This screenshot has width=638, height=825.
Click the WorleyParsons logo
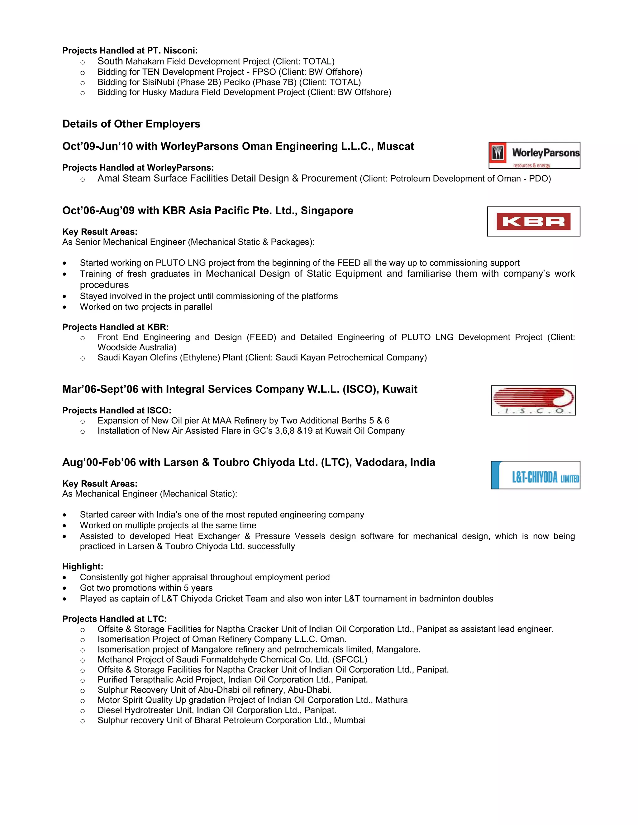coord(534,155)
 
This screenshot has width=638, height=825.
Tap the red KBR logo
coord(533,221)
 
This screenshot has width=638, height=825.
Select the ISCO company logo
coord(533,400)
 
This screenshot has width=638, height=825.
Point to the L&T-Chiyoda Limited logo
coord(535,475)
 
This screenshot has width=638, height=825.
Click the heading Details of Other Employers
coord(131,124)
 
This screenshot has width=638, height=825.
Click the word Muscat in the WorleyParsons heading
coord(395,147)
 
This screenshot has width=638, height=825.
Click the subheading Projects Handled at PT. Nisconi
coord(130,51)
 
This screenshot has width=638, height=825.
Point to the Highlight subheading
coord(82,567)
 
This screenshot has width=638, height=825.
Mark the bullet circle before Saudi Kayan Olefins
coord(82,358)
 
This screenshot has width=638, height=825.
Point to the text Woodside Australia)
coord(137,347)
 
